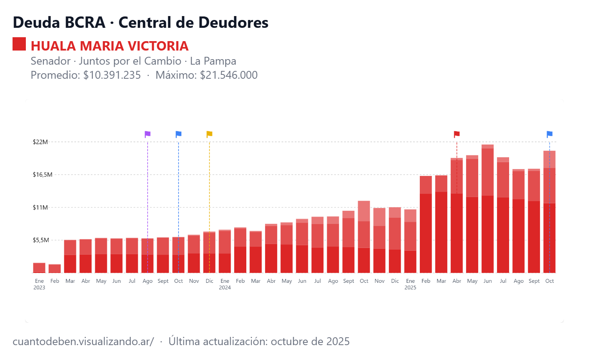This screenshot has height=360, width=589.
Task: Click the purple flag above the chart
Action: tap(148, 134)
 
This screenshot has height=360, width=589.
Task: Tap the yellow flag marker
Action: tap(210, 134)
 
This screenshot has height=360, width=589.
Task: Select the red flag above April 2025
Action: tap(457, 134)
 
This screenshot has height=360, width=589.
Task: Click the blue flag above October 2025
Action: tap(549, 134)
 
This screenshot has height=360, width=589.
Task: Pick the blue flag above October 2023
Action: tap(179, 134)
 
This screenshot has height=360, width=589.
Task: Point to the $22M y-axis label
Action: tap(40, 142)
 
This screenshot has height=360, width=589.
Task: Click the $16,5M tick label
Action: tap(42, 175)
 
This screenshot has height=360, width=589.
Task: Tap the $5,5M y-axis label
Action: tap(41, 240)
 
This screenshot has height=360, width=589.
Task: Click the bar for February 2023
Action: tap(55, 269)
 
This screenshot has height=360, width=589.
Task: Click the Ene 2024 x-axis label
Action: tap(225, 284)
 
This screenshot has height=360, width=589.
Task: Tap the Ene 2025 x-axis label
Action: tap(410, 284)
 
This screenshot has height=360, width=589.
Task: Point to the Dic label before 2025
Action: tap(395, 281)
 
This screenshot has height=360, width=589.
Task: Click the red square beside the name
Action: tap(19, 44)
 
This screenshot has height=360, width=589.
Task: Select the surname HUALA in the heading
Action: tap(53, 46)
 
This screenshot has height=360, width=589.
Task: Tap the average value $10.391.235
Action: tap(112, 75)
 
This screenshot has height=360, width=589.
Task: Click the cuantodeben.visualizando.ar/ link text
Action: tap(83, 341)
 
